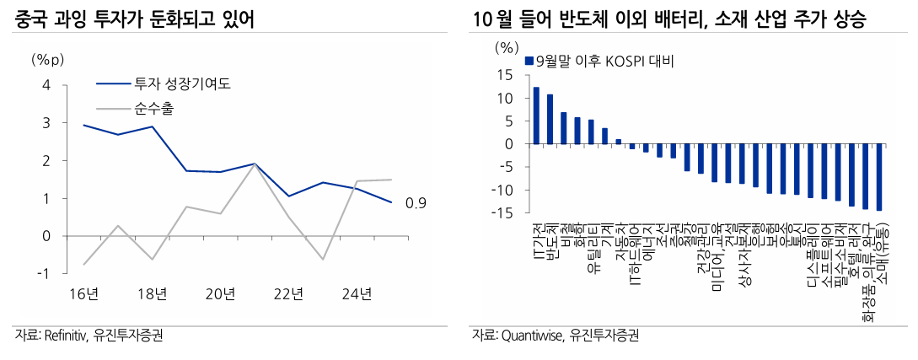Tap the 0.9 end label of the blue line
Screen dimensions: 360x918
[416, 203]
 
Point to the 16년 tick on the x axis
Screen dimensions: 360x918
[84, 293]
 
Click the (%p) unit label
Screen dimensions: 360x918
[48, 60]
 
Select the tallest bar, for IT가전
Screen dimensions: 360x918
[536, 116]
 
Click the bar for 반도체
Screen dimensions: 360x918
[550, 119]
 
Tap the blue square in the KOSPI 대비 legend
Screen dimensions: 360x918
[529, 60]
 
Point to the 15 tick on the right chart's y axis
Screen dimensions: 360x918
[505, 75]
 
